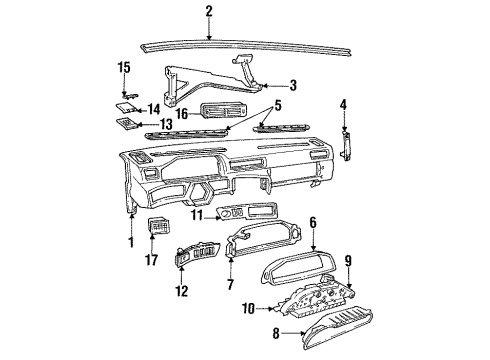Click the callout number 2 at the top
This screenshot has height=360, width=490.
209,11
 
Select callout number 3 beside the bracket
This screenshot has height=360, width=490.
292,86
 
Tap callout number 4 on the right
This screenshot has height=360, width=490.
343,103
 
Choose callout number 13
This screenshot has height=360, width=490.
153,125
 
